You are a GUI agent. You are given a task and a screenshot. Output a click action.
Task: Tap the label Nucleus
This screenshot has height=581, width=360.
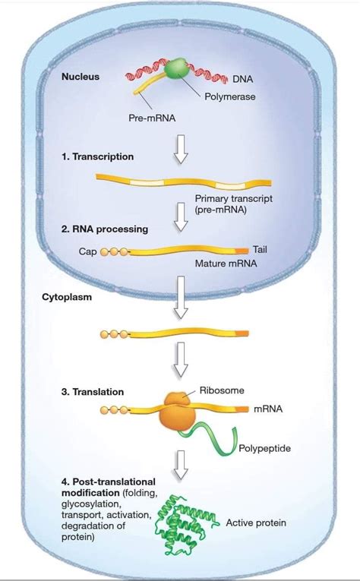(x=81, y=77)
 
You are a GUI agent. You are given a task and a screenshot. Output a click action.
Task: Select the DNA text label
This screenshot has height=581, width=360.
(x=243, y=79)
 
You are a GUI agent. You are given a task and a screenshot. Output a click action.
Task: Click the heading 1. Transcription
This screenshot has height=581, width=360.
(x=98, y=156)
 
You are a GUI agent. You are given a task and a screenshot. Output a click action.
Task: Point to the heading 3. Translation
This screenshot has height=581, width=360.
(x=96, y=392)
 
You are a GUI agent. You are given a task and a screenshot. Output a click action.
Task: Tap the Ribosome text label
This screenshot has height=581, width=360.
(x=223, y=390)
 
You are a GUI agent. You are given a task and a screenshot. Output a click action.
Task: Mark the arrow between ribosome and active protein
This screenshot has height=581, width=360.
(x=180, y=466)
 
